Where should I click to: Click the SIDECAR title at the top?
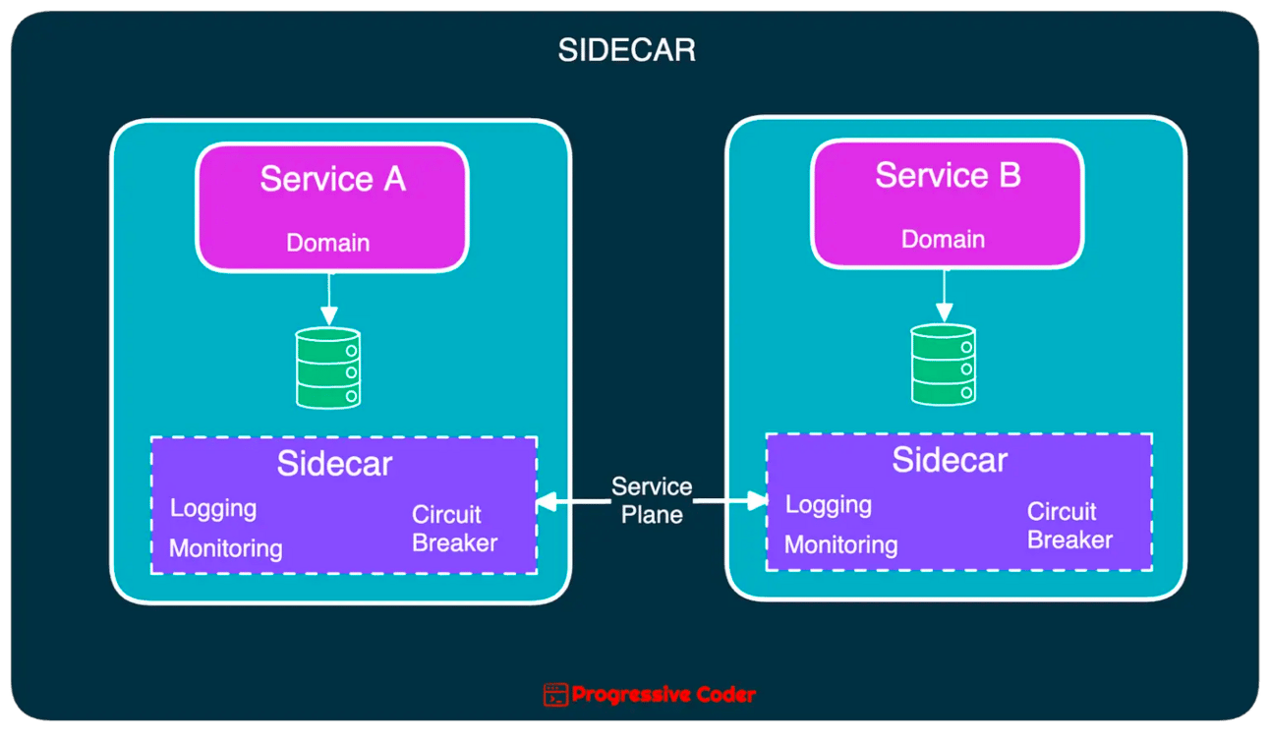626,51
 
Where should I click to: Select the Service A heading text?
332,180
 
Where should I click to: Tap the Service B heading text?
948,176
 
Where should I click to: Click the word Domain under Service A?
327,243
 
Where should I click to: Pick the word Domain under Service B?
943,239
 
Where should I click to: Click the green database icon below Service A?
328,369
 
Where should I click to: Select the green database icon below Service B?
944,365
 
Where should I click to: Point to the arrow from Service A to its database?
328,299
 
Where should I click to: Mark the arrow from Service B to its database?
944,295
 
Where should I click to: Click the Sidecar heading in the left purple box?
334,464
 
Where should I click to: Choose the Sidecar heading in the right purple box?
950,460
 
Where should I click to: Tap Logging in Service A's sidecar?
213,509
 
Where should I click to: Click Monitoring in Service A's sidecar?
225,548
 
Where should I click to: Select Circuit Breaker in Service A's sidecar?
454,529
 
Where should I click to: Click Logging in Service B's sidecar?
829,505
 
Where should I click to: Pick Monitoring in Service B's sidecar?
840,544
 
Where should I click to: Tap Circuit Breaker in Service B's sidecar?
1069,526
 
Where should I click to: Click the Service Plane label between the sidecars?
652,500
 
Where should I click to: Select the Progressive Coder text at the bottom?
664,695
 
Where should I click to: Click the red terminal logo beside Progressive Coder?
555,695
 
